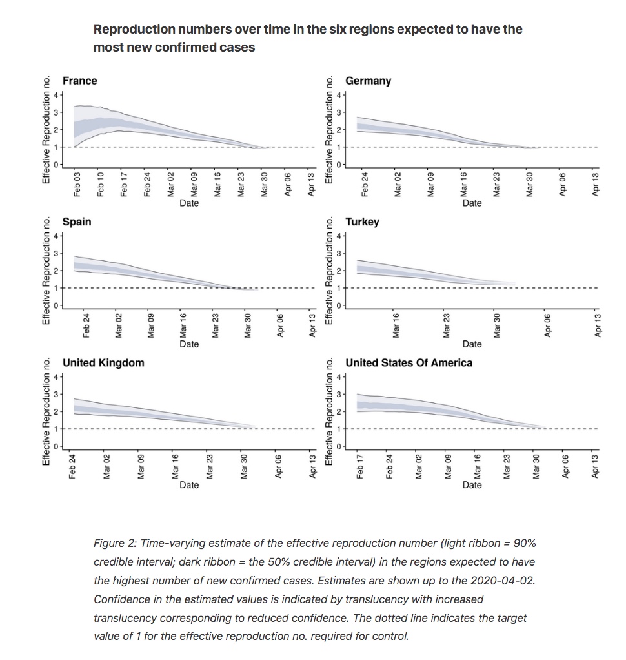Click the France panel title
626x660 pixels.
click(x=79, y=81)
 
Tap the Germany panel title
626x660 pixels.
click(x=368, y=81)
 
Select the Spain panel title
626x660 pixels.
click(x=77, y=222)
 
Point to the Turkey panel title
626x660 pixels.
click(x=362, y=222)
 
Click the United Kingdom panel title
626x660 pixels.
click(x=103, y=363)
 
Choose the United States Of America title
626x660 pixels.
click(x=409, y=363)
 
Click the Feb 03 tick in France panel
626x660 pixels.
click(x=77, y=184)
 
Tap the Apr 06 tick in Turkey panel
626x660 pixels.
click(x=547, y=325)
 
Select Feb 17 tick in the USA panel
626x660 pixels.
click(x=359, y=466)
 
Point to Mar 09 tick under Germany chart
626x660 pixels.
click(x=430, y=184)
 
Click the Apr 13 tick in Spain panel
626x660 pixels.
click(x=312, y=325)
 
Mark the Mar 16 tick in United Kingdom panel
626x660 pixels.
click(x=175, y=466)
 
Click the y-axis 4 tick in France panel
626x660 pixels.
click(x=56, y=95)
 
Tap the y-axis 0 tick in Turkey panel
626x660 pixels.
click(x=339, y=305)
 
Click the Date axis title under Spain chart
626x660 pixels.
click(x=189, y=344)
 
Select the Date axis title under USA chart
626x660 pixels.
click(x=472, y=485)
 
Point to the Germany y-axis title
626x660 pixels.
click(x=329, y=130)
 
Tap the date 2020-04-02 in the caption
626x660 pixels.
click(x=503, y=581)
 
